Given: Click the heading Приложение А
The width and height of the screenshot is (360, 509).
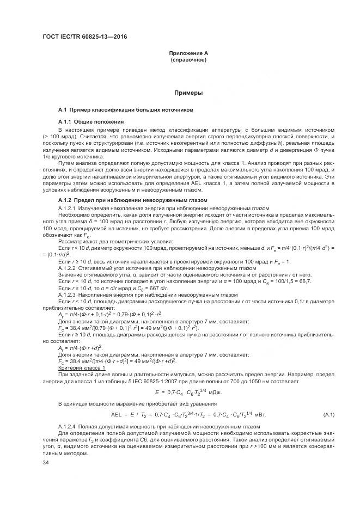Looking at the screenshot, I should click(x=188, y=53).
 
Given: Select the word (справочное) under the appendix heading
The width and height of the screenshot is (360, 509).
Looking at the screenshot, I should click(x=188, y=59).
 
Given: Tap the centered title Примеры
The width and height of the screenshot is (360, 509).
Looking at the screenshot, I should click(x=188, y=93).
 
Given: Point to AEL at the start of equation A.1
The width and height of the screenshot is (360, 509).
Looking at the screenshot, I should click(x=118, y=415).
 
